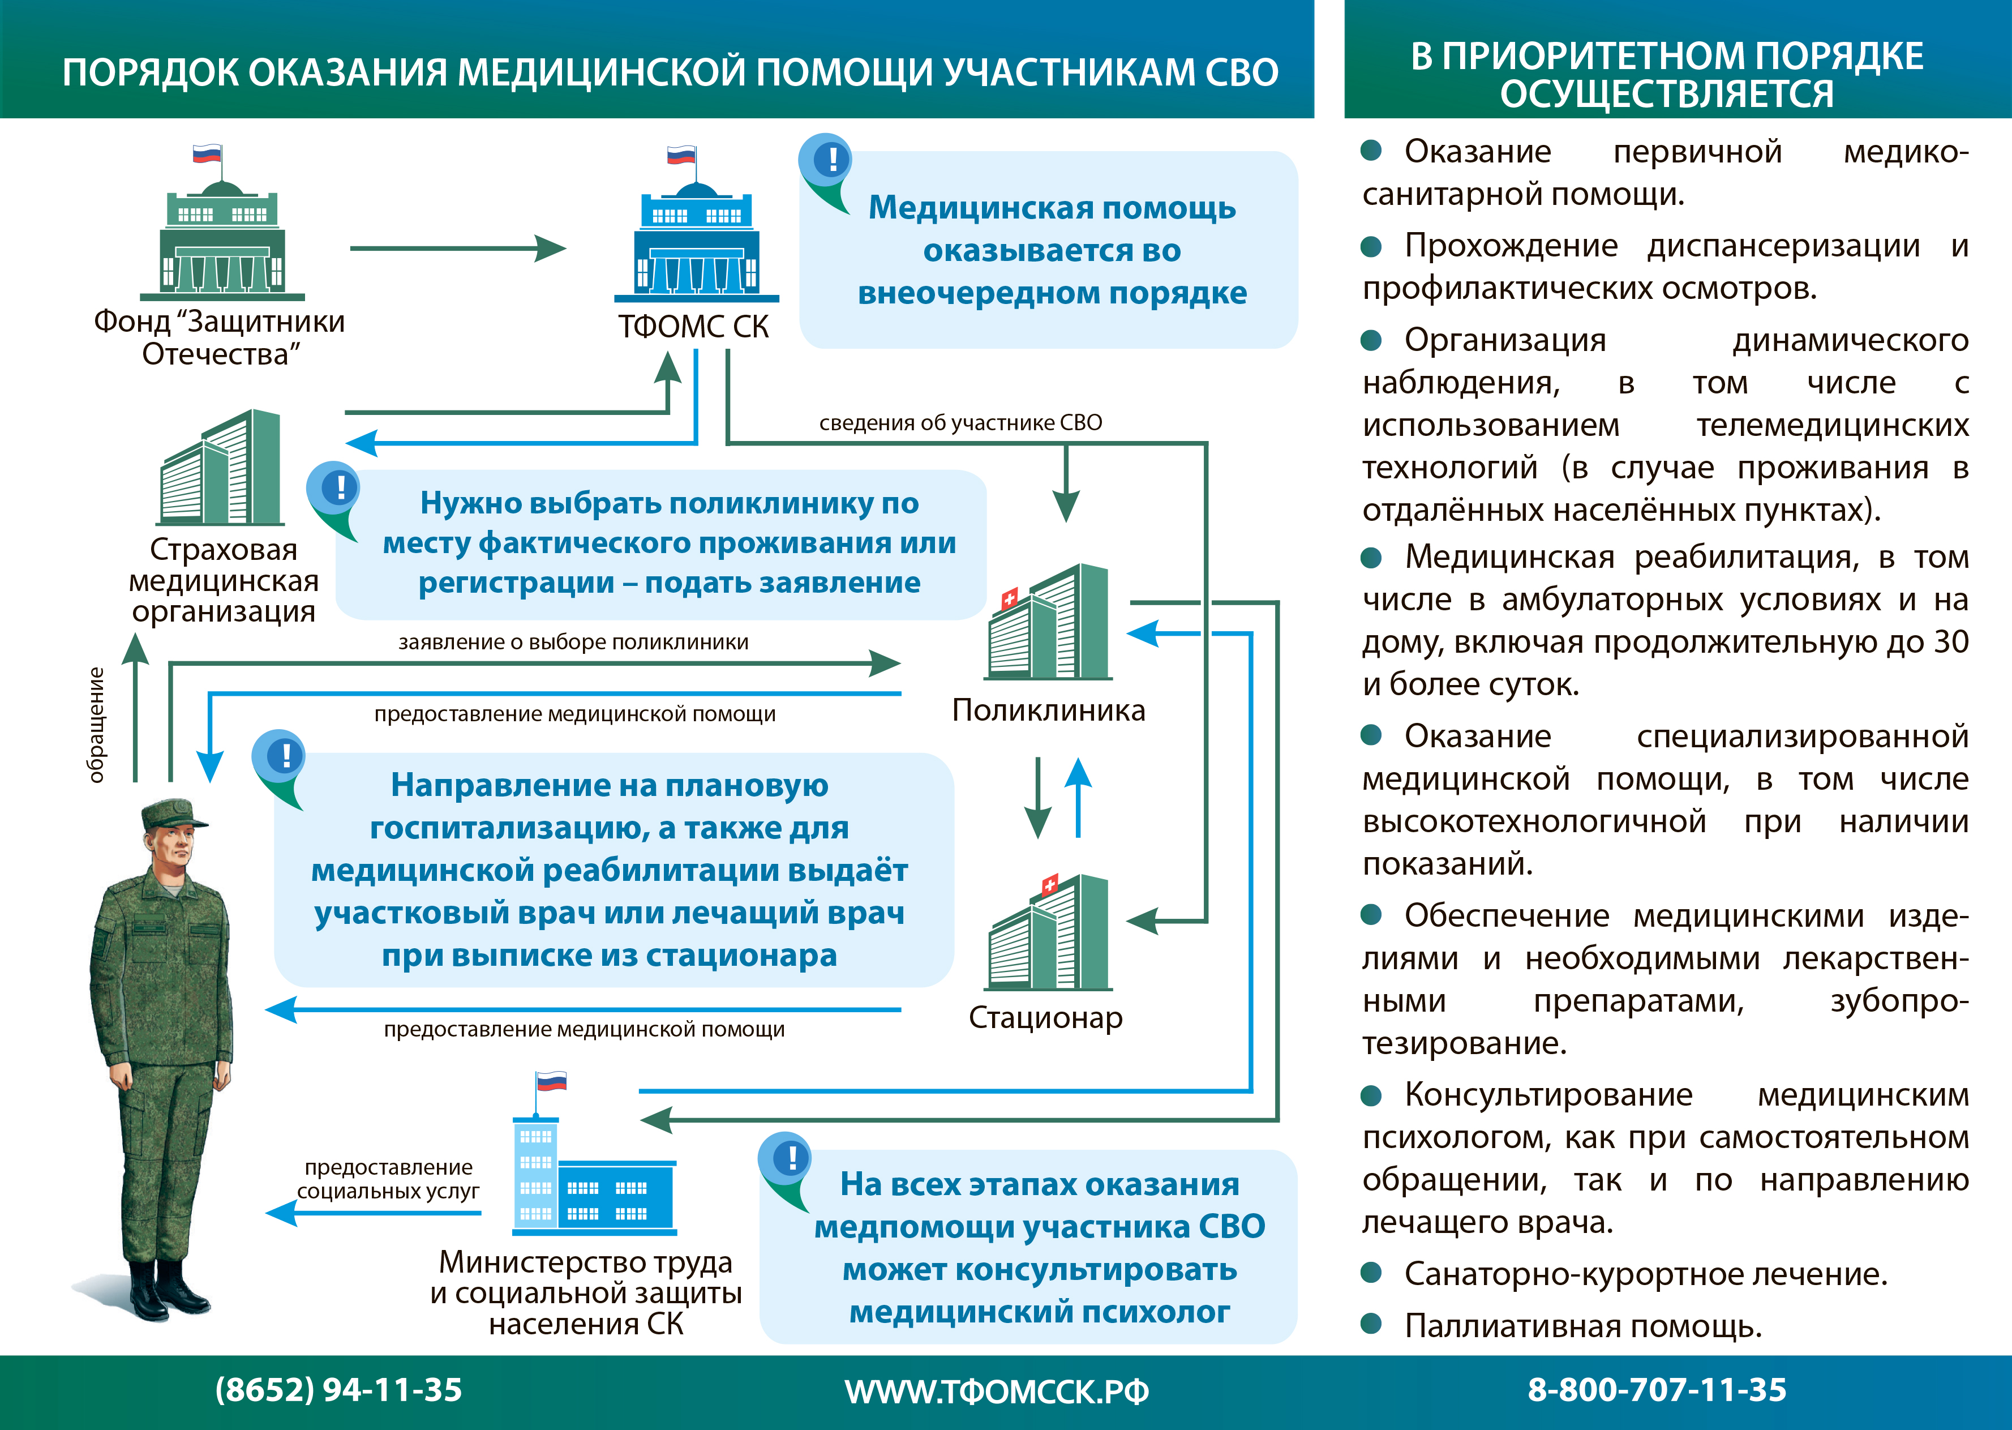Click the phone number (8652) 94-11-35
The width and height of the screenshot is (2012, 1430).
tap(338, 1389)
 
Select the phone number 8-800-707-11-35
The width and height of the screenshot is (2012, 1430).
tap(1657, 1389)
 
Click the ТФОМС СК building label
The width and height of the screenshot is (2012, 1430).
tap(693, 327)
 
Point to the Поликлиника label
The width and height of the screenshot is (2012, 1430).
tap(1048, 710)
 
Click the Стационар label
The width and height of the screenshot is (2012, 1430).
tap(1045, 1017)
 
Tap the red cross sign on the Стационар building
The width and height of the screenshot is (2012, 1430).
tap(1049, 885)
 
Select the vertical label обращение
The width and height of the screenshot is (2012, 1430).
tap(96, 725)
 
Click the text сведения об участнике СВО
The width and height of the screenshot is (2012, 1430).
tap(960, 423)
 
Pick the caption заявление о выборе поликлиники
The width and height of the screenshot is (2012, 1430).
tap(573, 642)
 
